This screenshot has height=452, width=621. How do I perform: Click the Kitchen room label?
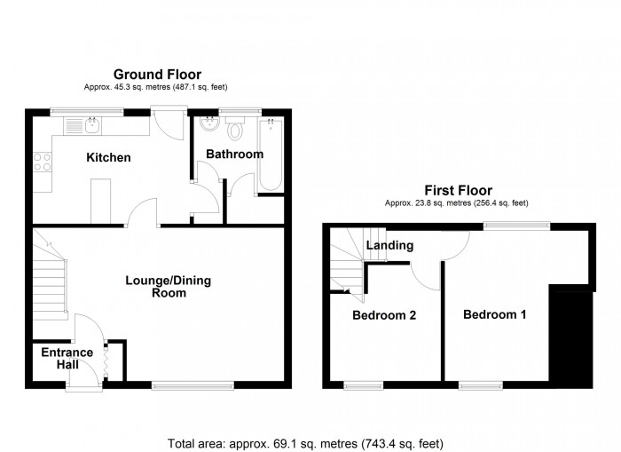(x=108, y=158)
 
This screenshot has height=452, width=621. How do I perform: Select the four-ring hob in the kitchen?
(x=42, y=162)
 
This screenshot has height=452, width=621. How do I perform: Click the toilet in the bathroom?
(x=235, y=131)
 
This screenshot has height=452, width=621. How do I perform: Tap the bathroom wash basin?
(x=209, y=125)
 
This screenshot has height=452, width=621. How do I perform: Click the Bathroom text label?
(x=234, y=155)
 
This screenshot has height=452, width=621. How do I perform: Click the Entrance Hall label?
(x=67, y=359)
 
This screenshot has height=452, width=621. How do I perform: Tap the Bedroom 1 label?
(x=493, y=314)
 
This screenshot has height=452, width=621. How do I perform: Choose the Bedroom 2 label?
(x=384, y=315)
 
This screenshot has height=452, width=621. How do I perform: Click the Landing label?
(x=389, y=245)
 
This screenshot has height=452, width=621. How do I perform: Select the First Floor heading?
(x=457, y=190)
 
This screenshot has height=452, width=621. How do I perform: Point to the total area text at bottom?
(x=305, y=442)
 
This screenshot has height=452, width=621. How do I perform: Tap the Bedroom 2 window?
(x=364, y=385)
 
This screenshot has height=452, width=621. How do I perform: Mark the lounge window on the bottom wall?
(x=193, y=385)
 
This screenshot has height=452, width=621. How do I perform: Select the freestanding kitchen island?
(x=100, y=200)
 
